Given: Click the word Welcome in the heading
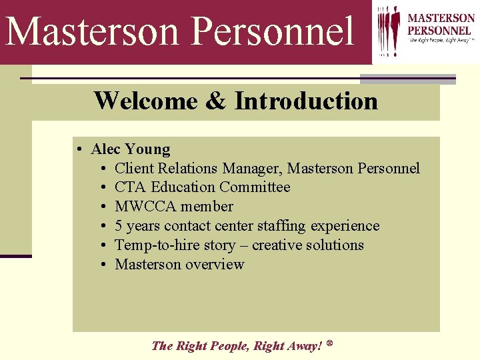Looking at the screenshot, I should [x=145, y=101].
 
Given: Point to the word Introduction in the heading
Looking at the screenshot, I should [x=306, y=101].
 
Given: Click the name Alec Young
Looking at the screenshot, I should [x=131, y=149].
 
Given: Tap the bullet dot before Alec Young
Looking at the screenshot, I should [x=79, y=149].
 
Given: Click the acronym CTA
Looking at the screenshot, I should [x=131, y=187].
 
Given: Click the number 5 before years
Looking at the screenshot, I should [x=119, y=226].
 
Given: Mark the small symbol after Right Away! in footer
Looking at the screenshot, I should [x=330, y=343].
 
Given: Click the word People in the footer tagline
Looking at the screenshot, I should [x=228, y=345].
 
